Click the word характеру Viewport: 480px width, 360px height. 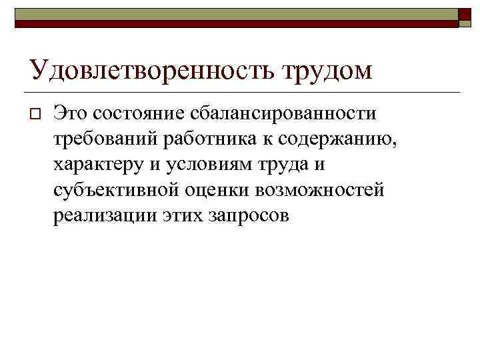(96, 165)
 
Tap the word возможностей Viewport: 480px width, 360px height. (320, 191)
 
